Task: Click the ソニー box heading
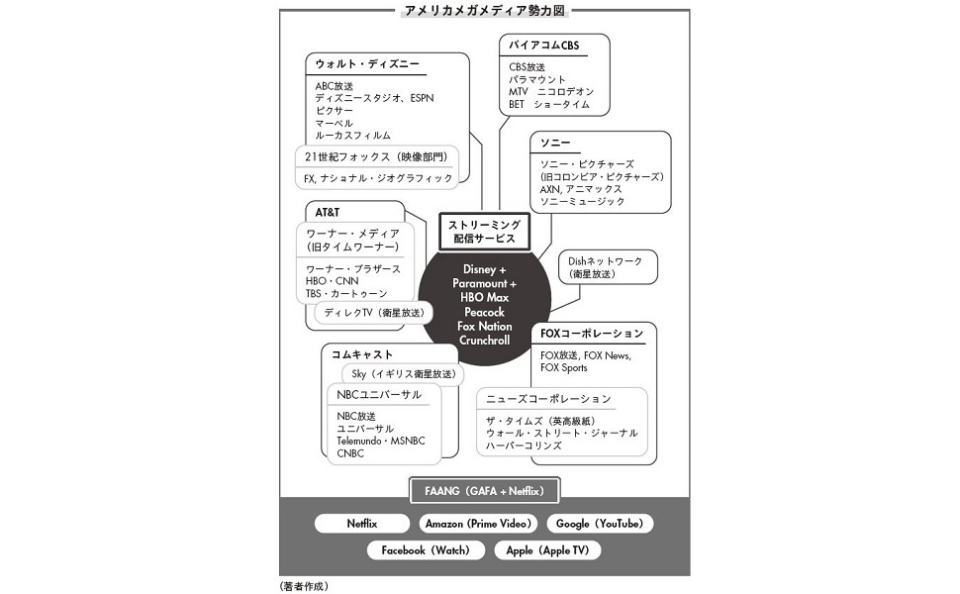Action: (555, 143)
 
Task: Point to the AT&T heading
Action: (328, 213)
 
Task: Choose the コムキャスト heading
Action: (362, 353)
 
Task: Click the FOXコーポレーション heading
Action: (592, 333)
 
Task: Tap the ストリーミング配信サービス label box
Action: (484, 233)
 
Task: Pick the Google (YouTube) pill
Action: (599, 524)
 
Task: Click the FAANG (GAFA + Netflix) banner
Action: (484, 490)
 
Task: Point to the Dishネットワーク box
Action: (606, 266)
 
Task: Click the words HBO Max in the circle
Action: (483, 297)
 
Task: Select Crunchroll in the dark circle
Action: (484, 340)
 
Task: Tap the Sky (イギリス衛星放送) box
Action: (404, 374)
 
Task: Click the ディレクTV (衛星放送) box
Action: (373, 313)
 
